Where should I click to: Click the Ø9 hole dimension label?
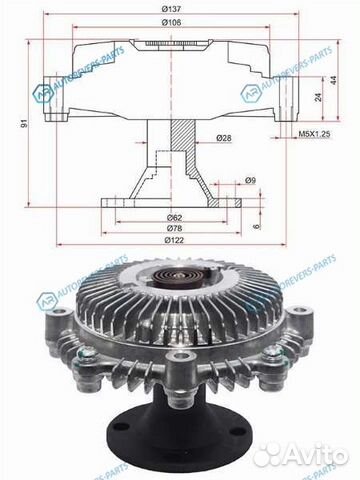coord(250,180)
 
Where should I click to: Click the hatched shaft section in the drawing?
coord(182,135)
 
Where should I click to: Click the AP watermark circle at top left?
coord(44,92)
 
